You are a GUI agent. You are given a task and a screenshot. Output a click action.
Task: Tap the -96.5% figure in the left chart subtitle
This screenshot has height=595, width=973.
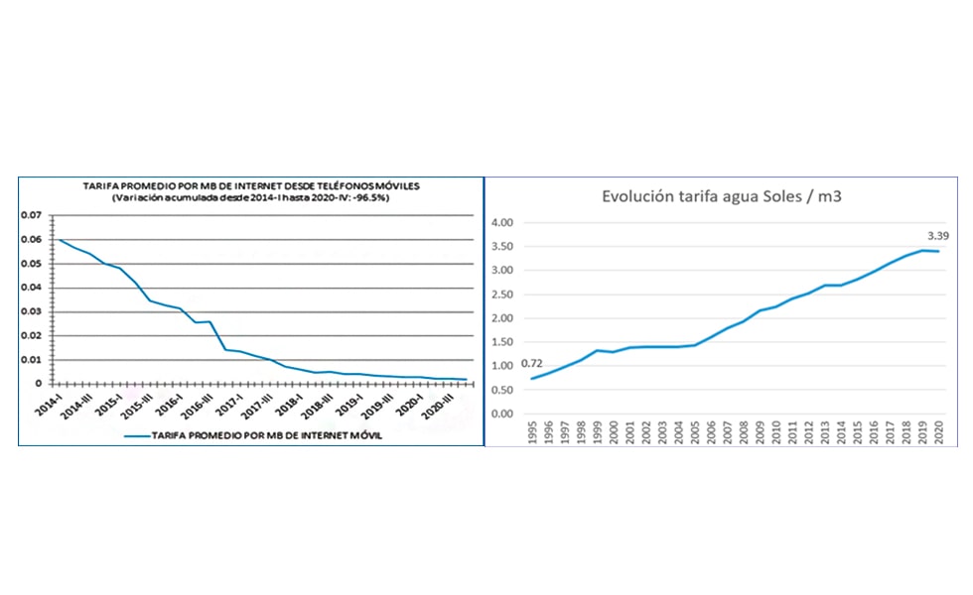(x=373, y=198)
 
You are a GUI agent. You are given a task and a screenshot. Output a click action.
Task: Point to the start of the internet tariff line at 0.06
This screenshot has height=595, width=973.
(x=60, y=240)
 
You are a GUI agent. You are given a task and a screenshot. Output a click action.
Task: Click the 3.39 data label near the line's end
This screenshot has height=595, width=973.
(x=937, y=236)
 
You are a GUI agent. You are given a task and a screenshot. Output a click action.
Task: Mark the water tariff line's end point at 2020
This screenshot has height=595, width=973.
(x=937, y=251)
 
